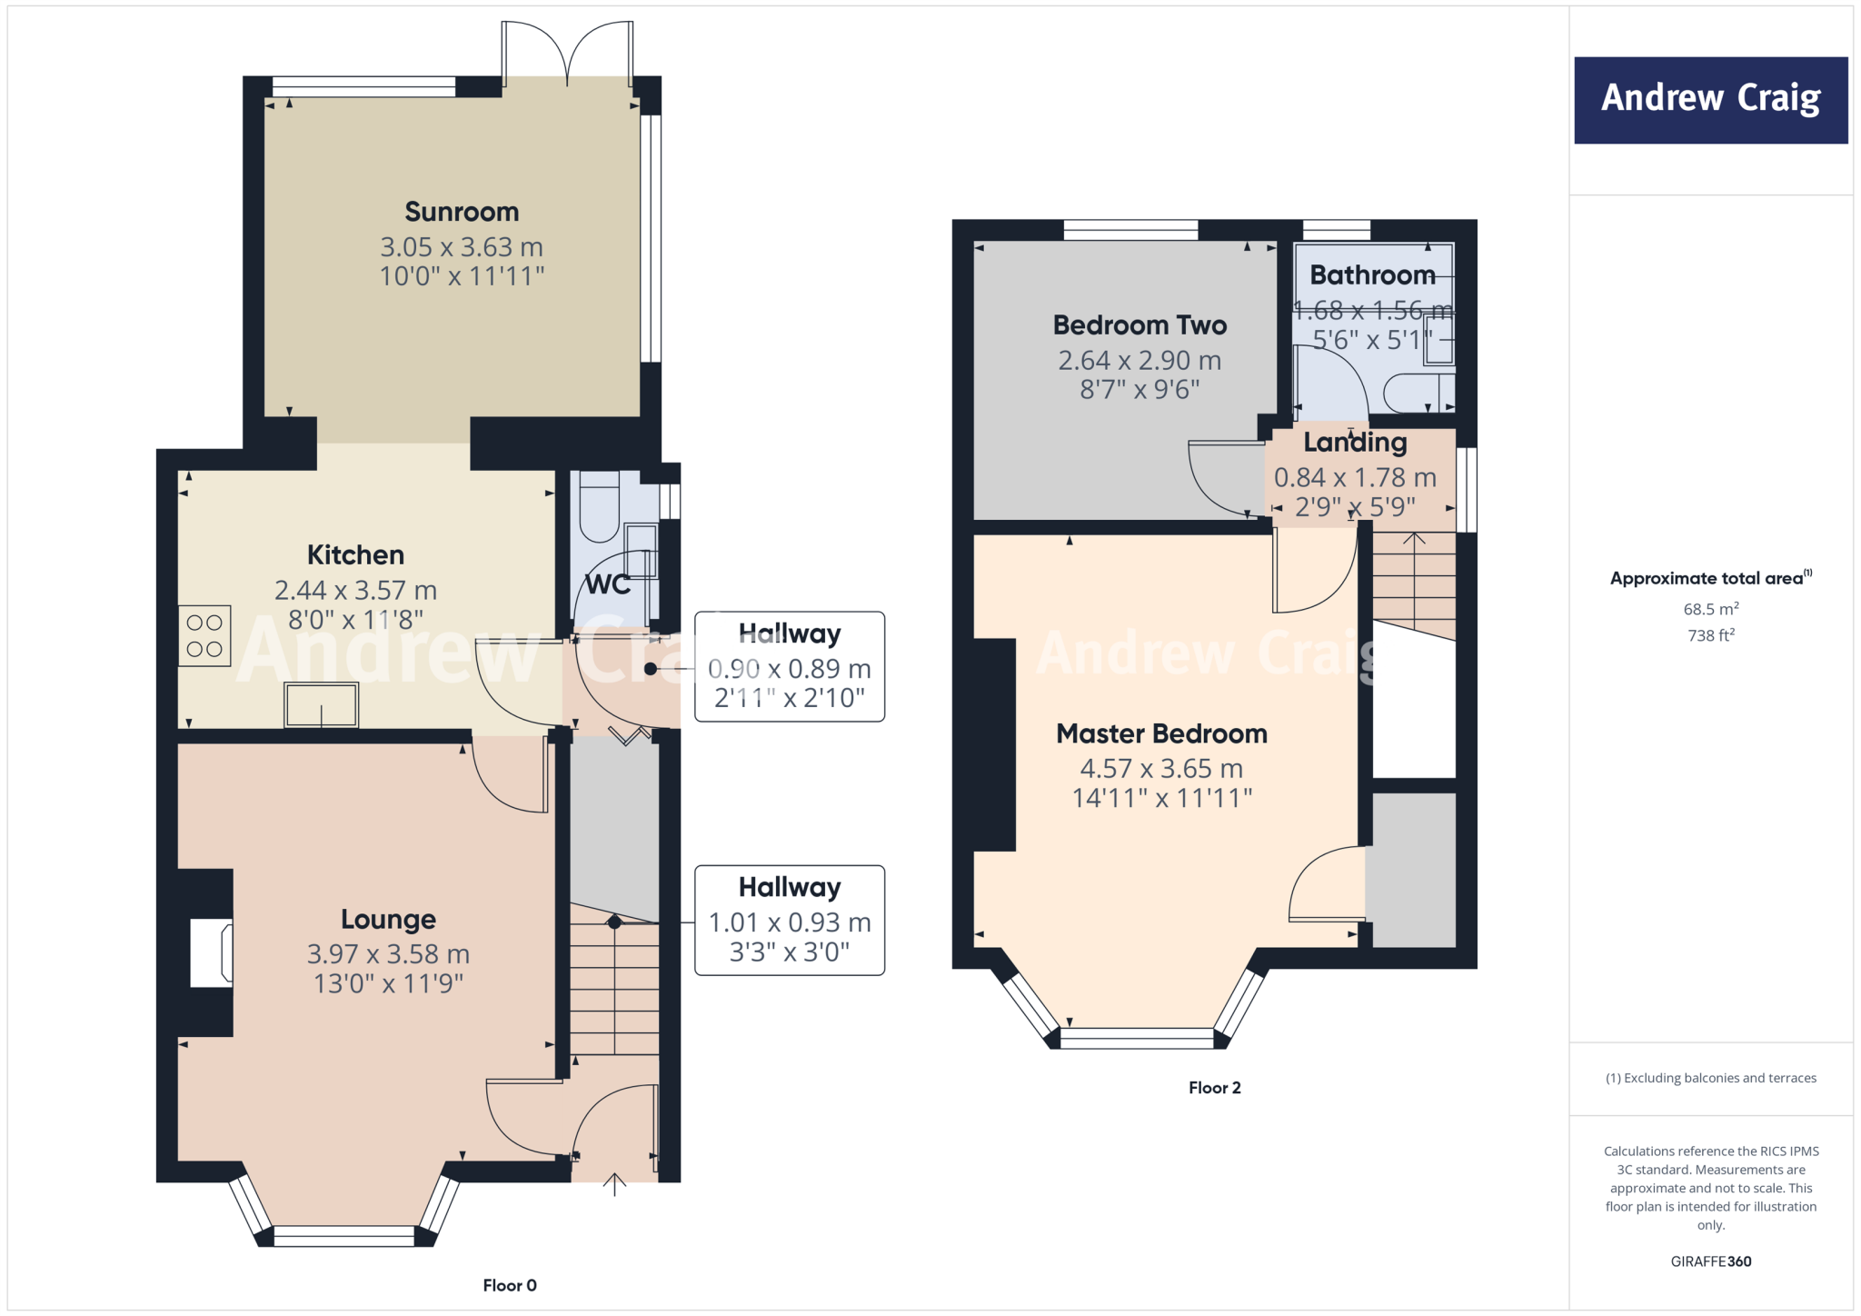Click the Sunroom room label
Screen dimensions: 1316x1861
click(x=462, y=212)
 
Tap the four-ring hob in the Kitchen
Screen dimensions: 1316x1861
click(x=204, y=636)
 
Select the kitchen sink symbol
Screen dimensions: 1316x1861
click(x=322, y=704)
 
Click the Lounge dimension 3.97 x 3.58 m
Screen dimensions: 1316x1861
click(x=388, y=953)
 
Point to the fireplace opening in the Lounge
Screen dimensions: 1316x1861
click(x=211, y=952)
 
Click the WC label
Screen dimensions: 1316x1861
click(x=607, y=584)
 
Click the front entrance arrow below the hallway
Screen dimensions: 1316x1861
click(x=615, y=1184)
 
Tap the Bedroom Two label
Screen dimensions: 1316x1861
click(x=1139, y=324)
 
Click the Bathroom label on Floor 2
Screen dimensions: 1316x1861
click(x=1372, y=274)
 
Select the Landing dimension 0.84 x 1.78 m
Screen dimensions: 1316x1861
click(x=1355, y=477)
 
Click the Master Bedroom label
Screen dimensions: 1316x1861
click(x=1161, y=733)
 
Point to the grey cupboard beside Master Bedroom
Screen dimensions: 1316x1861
click(x=1414, y=870)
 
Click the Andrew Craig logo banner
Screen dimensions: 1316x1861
click(x=1710, y=100)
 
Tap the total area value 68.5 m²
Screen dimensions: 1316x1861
click(x=1710, y=609)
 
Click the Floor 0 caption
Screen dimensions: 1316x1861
click(x=510, y=1285)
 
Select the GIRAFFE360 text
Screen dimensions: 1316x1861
click(x=1710, y=1261)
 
